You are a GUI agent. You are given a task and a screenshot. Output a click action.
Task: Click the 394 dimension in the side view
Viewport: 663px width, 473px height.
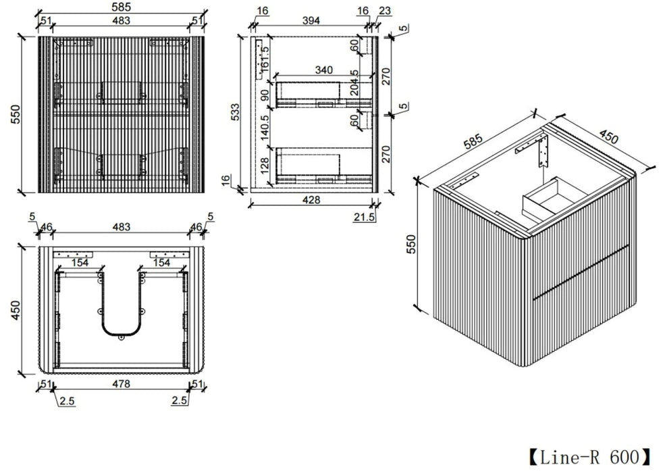[311, 20]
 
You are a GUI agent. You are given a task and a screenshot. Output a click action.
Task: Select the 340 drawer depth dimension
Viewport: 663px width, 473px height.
[324, 70]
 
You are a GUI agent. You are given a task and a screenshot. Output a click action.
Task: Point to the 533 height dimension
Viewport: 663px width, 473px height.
[235, 111]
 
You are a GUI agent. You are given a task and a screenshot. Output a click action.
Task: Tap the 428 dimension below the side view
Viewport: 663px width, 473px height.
[312, 200]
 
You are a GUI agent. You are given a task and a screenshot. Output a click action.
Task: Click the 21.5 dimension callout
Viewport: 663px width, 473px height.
[364, 218]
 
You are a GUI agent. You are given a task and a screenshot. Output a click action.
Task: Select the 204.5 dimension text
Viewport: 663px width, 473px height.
[354, 82]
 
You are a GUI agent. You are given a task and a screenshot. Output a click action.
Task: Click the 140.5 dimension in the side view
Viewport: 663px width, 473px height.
[265, 128]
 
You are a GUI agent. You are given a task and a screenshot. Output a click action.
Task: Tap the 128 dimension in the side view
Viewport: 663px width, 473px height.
[265, 166]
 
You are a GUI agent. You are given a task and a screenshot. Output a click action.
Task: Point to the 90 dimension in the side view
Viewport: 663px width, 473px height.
[265, 95]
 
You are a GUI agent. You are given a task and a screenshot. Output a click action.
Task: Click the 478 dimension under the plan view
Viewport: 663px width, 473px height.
[122, 384]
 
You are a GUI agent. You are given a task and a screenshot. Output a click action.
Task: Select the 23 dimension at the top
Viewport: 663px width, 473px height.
[385, 11]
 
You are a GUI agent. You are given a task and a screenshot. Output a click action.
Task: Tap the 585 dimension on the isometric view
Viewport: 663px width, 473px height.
[473, 142]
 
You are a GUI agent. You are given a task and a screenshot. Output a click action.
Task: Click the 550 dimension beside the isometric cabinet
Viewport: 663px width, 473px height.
[410, 244]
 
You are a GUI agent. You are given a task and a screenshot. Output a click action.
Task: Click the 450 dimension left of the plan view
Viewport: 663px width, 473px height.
[15, 310]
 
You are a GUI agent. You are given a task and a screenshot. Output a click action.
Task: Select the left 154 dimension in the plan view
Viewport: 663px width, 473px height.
[80, 263]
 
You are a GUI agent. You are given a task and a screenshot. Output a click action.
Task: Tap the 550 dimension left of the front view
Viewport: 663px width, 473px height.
[16, 114]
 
